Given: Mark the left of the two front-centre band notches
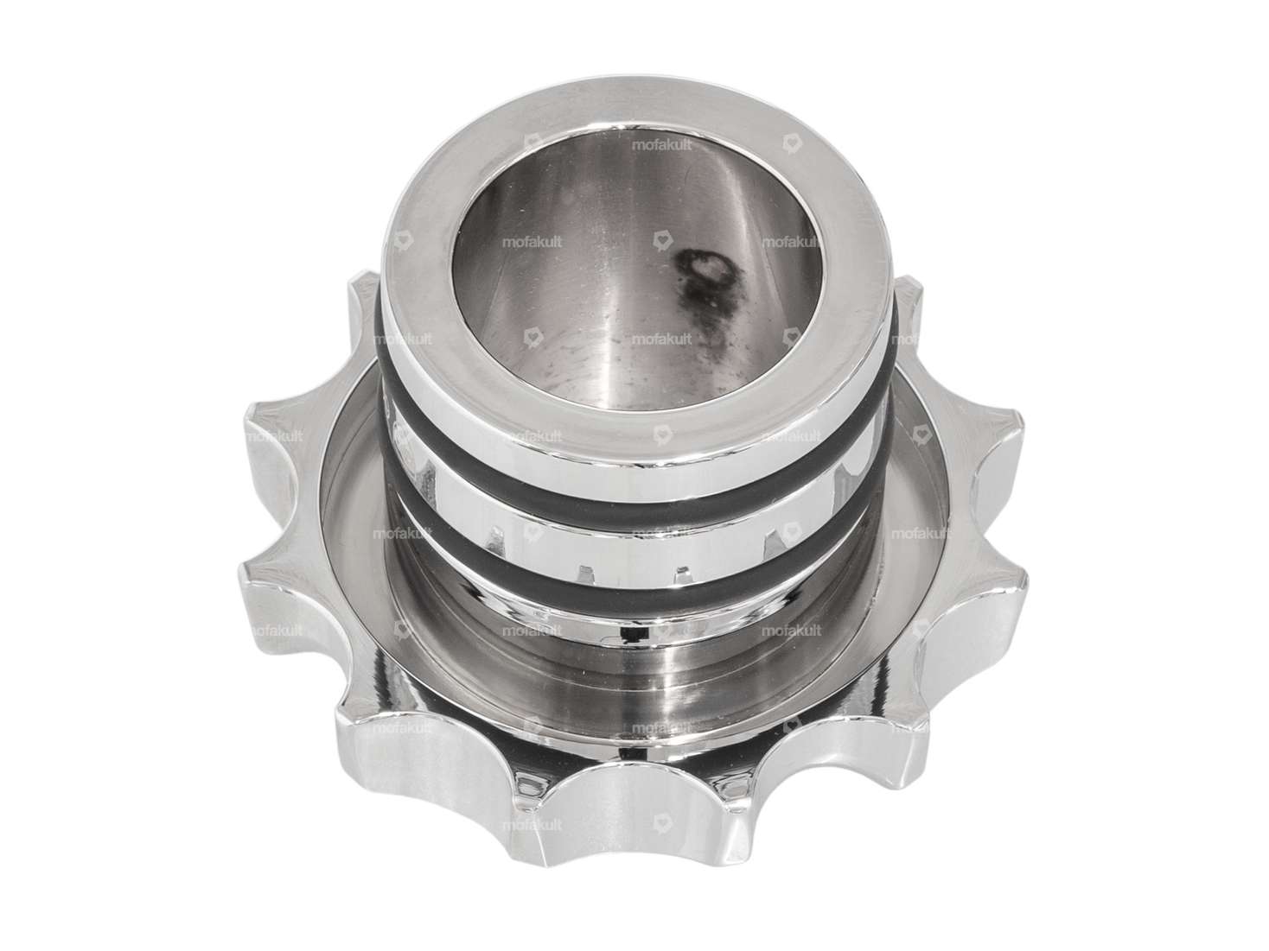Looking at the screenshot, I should pyautogui.click(x=584, y=571).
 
